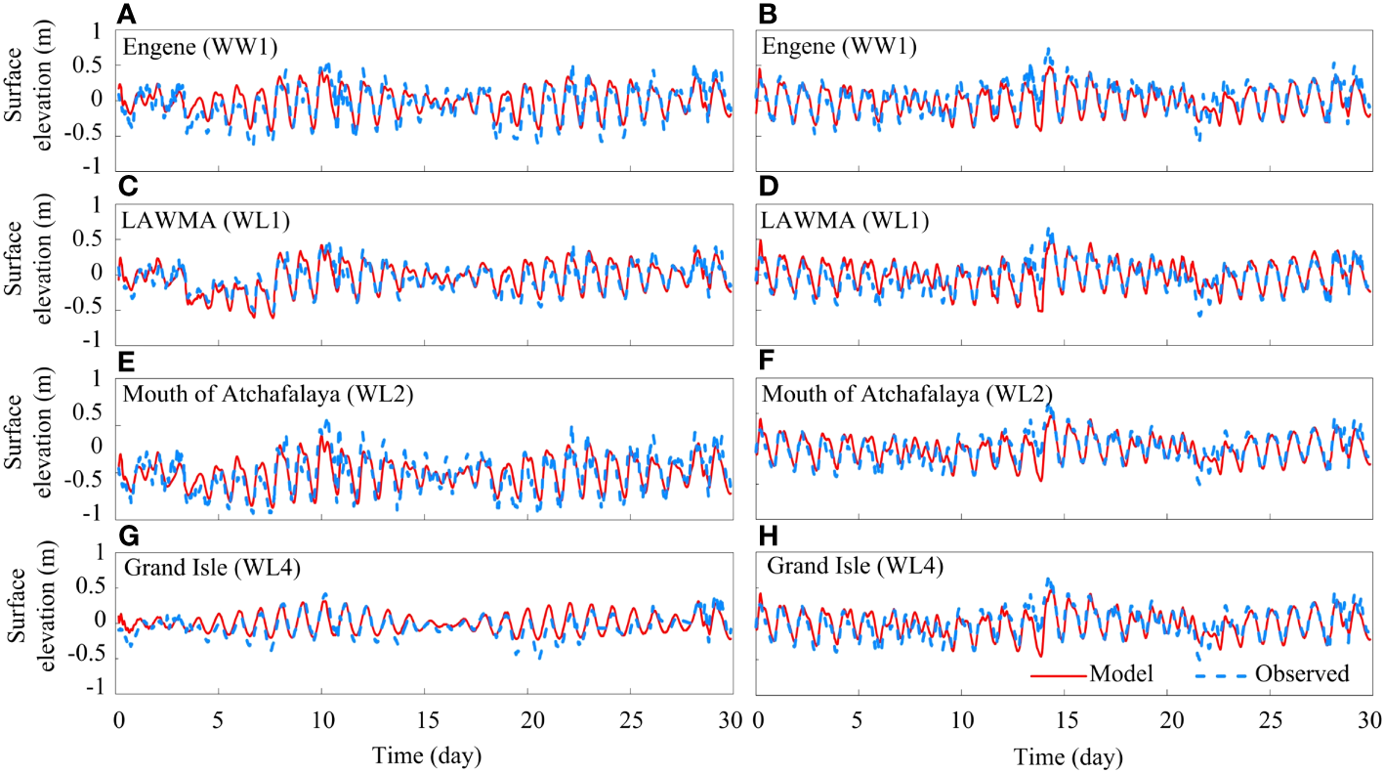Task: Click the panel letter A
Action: tap(125, 15)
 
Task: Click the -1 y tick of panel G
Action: tap(95, 689)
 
